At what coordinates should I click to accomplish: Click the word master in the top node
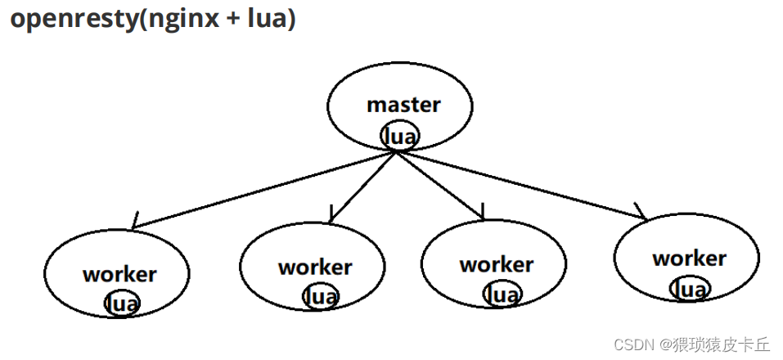403,105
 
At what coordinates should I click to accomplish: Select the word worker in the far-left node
119,274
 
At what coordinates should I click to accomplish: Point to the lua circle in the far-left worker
122,304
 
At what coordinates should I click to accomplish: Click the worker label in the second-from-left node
315,267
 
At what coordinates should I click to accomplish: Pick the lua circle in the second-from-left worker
318,295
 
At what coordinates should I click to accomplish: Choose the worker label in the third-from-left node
496,264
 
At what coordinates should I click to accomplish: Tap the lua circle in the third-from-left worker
500,294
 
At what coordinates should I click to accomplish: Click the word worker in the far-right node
689,259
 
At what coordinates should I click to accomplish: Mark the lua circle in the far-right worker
690,289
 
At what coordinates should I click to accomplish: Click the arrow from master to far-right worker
524,185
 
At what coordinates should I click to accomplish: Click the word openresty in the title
74,20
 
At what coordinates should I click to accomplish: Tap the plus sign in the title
231,20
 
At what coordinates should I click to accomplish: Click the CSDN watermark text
632,344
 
